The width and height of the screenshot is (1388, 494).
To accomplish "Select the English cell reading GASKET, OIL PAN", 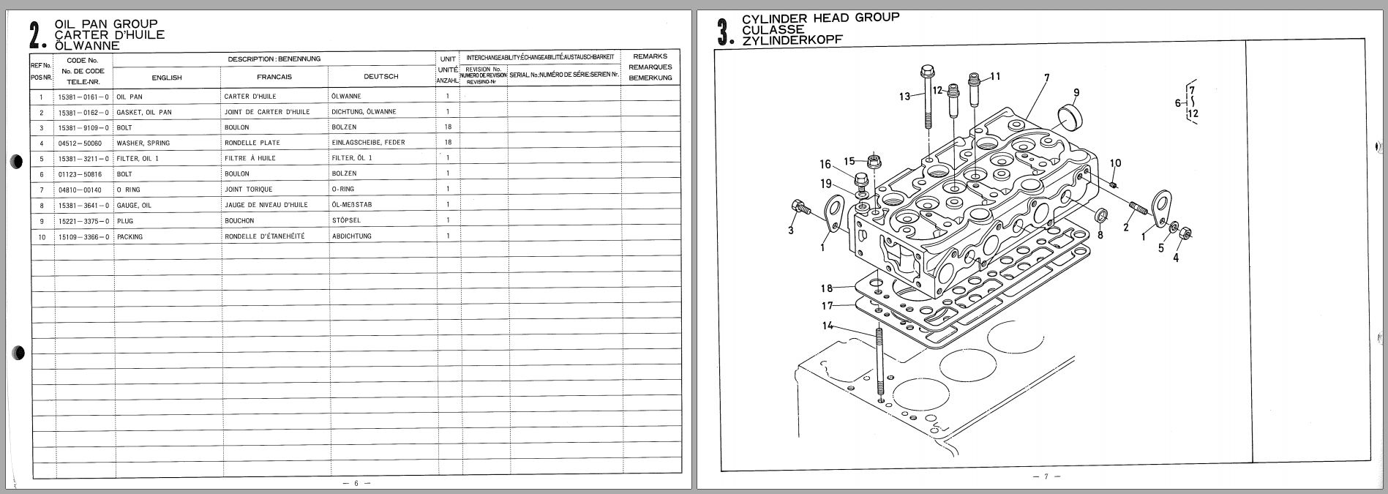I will click(x=144, y=112).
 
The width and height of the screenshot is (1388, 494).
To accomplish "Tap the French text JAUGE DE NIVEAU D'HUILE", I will click(x=266, y=205).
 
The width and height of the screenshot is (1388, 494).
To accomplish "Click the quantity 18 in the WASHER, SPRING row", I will click(x=448, y=143).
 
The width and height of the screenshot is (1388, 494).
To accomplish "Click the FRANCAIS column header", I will click(x=274, y=77).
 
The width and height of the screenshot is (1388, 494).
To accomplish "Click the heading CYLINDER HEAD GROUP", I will click(x=820, y=18).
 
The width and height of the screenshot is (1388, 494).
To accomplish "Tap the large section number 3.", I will click(x=724, y=34).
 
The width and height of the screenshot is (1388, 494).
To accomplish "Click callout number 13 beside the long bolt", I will click(x=905, y=97).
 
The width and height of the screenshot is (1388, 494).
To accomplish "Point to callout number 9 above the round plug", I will click(x=1076, y=92).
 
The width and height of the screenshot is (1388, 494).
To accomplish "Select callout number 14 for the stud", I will click(x=827, y=326).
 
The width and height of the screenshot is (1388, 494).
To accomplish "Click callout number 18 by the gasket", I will click(x=827, y=288).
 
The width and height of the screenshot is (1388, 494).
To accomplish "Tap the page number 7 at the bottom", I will click(x=1046, y=476).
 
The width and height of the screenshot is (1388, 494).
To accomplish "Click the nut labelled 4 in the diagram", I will click(x=1188, y=234).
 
